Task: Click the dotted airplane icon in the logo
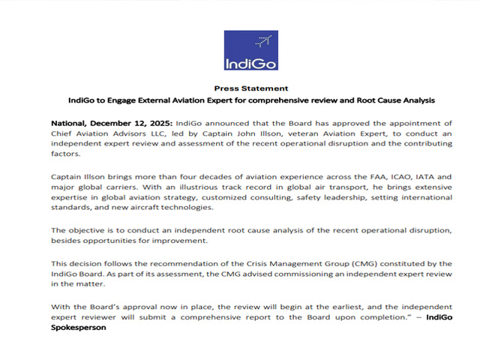tap(261, 41)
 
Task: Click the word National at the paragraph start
tap(71, 122)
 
